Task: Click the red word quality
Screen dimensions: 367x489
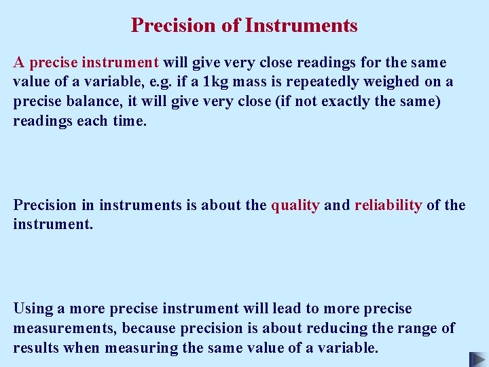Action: (295, 205)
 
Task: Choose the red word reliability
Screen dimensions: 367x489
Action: (388, 205)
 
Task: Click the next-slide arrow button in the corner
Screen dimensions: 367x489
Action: (477, 358)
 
